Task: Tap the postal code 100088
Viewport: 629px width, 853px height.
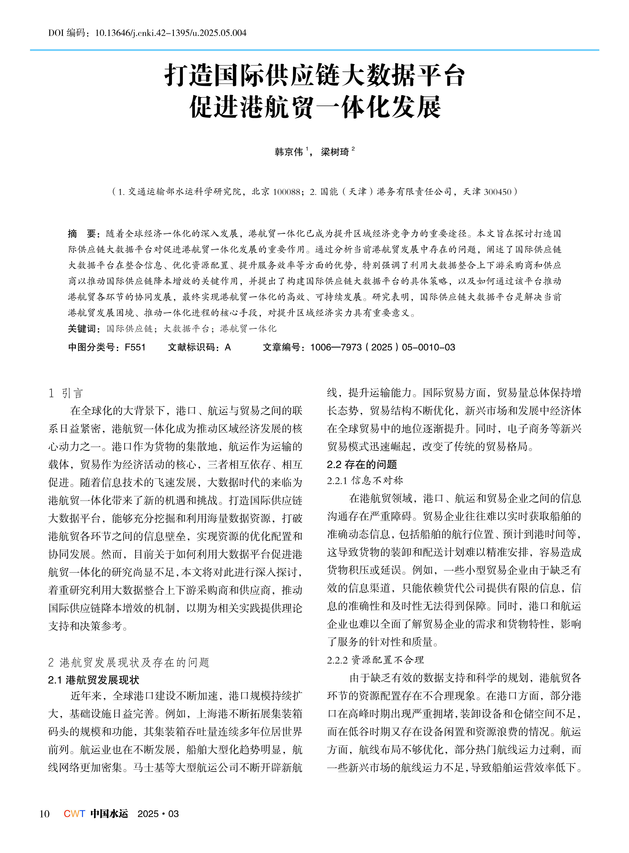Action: (x=286, y=192)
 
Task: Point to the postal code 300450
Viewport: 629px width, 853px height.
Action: (x=497, y=192)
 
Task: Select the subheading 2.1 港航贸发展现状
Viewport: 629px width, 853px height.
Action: (x=94, y=680)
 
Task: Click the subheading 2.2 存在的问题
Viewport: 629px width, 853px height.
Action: (x=362, y=465)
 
